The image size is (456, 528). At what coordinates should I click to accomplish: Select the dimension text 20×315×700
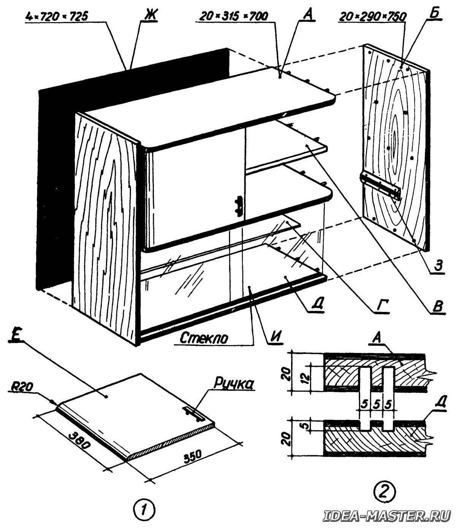click(x=233, y=17)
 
